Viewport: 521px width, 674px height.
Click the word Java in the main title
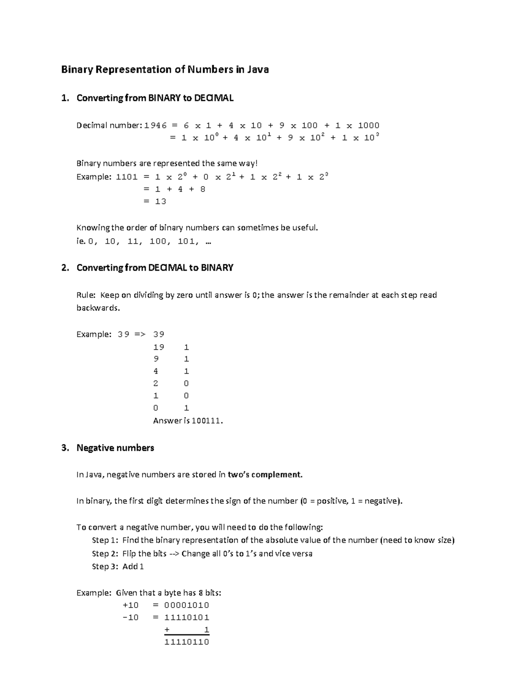(258, 69)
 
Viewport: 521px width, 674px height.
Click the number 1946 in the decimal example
(155, 125)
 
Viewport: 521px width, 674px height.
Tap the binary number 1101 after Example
(127, 177)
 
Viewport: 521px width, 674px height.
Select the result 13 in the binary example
(161, 201)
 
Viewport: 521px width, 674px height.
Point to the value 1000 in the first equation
(369, 125)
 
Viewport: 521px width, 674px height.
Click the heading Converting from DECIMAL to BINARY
(155, 268)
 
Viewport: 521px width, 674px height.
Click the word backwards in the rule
(97, 308)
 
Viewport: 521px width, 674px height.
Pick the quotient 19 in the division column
(158, 347)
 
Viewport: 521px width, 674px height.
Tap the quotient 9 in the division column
(156, 359)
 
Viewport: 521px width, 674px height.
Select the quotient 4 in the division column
(156, 371)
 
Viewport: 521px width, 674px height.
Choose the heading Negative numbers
(115, 448)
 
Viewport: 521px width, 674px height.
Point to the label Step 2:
(105, 553)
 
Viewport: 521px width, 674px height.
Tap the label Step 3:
(105, 566)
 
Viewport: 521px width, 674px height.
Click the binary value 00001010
(187, 605)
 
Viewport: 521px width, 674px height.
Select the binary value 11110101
(187, 617)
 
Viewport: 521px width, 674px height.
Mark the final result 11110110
(187, 642)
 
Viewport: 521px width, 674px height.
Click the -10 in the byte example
(131, 617)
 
